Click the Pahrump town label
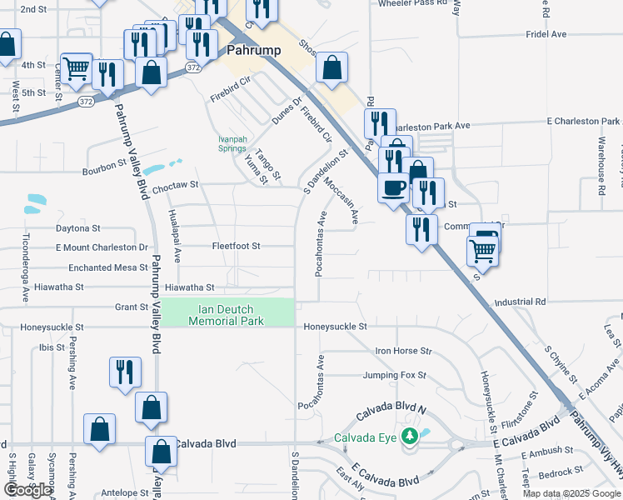pos(253,50)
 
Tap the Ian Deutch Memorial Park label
pos(226,314)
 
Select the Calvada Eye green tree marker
pos(408,436)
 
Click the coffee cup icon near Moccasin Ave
pos(393,187)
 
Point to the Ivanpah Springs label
pos(232,143)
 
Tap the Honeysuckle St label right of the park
pos(335,327)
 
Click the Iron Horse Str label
pos(404,351)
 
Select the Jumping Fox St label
pos(394,375)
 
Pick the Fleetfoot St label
pos(236,246)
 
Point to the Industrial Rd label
pos(519,301)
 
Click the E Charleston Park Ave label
pos(584,122)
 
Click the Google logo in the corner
pos(27,490)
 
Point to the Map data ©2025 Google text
pos(572,493)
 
